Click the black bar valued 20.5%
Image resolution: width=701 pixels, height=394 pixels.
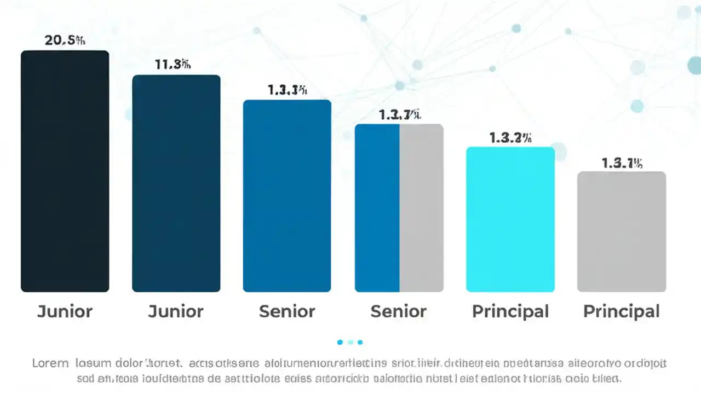65,171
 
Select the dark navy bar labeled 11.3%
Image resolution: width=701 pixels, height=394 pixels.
176,183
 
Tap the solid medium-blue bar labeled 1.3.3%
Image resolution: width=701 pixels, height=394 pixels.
287,195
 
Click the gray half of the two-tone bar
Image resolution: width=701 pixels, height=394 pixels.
421,208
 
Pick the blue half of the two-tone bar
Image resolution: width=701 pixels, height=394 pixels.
377,208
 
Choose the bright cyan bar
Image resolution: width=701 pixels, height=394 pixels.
510,219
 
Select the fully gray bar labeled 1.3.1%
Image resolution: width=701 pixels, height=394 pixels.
622,231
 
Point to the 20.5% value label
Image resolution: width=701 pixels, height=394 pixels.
65,40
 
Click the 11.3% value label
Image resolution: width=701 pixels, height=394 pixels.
173,64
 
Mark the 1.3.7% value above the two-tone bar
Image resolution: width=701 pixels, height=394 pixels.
400,115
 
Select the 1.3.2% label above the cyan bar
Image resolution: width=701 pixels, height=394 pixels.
510,138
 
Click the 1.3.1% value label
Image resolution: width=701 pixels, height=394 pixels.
622,163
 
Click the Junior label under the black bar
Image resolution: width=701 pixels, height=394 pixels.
65,311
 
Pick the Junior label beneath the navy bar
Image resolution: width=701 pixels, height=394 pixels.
176,311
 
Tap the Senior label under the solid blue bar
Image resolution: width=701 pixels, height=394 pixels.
287,311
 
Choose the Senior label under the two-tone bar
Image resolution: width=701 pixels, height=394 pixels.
399,311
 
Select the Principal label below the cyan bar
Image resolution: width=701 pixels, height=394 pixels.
510,311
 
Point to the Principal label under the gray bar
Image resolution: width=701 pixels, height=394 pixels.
622,311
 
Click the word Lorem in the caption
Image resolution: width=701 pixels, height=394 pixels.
50,363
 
